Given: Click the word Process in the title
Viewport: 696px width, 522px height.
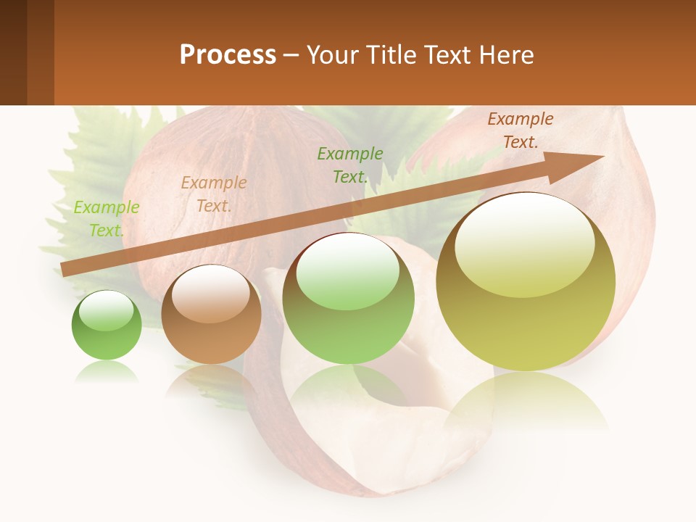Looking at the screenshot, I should pyautogui.click(x=228, y=54).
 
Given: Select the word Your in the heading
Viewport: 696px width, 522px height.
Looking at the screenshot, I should pyautogui.click(x=332, y=54).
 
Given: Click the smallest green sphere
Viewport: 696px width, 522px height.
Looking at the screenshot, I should pyautogui.click(x=107, y=326).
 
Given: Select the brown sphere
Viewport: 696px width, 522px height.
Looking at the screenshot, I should pyautogui.click(x=211, y=315).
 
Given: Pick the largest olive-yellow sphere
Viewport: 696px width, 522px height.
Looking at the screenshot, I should pyautogui.click(x=526, y=283).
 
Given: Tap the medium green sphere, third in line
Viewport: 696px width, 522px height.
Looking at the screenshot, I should pyautogui.click(x=348, y=299).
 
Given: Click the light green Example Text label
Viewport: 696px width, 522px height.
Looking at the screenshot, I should pyautogui.click(x=107, y=218).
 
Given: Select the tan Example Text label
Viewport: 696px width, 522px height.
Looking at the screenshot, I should pyautogui.click(x=214, y=194).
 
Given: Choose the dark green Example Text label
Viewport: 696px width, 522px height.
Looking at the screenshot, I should pyautogui.click(x=350, y=165).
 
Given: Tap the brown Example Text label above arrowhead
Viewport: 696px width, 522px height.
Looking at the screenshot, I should pyautogui.click(x=521, y=130).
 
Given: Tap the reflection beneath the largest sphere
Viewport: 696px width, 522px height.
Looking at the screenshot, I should pyautogui.click(x=526, y=399).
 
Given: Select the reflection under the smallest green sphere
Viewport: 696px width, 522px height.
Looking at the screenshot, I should pyautogui.click(x=107, y=373).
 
